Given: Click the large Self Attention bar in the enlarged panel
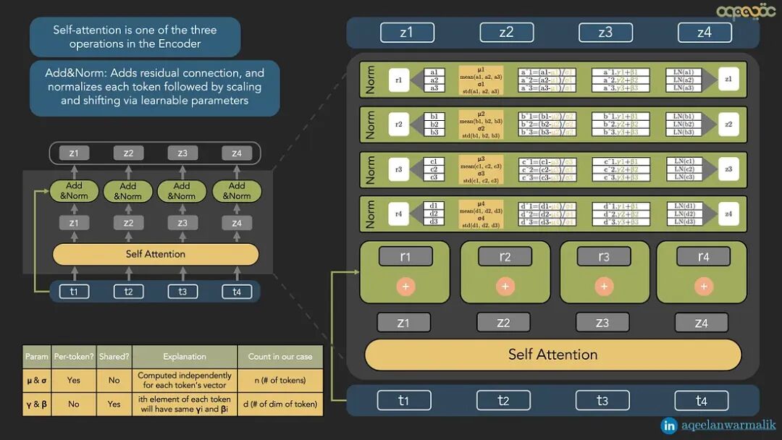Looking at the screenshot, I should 552,355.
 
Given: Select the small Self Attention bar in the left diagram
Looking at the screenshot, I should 156,254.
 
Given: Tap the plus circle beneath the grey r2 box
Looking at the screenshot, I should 505,287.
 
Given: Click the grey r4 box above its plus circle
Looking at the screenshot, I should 702,256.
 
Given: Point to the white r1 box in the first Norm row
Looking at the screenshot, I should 399,80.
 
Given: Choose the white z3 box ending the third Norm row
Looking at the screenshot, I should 727,169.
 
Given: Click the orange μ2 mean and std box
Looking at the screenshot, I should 481,124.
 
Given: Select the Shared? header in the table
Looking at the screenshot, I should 114,356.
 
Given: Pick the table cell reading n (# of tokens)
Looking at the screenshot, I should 280,380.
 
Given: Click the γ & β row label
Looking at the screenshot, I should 37,404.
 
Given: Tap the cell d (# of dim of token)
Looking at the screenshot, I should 280,404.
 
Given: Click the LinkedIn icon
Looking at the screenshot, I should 669,426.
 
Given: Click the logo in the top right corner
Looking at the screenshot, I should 746,11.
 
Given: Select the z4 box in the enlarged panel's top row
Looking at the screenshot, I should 704,33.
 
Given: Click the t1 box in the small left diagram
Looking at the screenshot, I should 74,292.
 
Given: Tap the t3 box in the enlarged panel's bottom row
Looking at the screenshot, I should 602,400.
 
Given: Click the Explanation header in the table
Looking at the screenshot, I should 184,356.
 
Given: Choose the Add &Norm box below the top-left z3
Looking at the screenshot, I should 182,191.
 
